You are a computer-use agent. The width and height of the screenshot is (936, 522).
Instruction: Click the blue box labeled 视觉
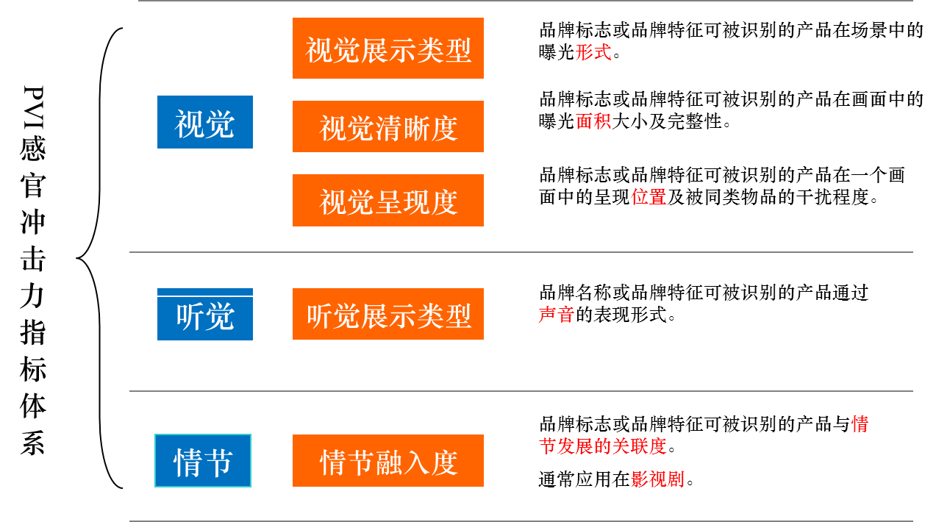pyautogui.click(x=204, y=122)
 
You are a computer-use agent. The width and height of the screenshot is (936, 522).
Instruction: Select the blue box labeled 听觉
pyautogui.click(x=204, y=315)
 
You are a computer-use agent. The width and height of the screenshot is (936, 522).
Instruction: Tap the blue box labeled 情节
pyautogui.click(x=203, y=461)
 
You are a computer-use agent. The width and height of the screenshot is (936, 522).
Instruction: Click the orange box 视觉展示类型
pyautogui.click(x=387, y=49)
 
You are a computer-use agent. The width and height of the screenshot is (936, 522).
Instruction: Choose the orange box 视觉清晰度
pyautogui.click(x=387, y=126)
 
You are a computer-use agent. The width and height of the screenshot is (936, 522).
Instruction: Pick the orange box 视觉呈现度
pyautogui.click(x=387, y=201)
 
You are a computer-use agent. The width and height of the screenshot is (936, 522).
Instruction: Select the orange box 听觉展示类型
pyautogui.click(x=387, y=315)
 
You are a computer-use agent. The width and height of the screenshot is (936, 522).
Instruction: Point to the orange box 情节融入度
pyautogui.click(x=387, y=461)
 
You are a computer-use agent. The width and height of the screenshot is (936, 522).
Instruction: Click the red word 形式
pyautogui.click(x=593, y=52)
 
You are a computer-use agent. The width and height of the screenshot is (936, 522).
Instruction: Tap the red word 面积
pyautogui.click(x=593, y=121)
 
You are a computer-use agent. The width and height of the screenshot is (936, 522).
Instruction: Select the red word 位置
pyautogui.click(x=648, y=197)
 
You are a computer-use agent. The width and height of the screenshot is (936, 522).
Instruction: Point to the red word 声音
pyautogui.click(x=556, y=315)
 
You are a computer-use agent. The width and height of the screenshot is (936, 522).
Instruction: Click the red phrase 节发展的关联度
pyautogui.click(x=602, y=446)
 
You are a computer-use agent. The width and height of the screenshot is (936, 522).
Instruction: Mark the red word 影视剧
pyautogui.click(x=657, y=479)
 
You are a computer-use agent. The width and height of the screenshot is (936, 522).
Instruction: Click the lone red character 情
pyautogui.click(x=860, y=424)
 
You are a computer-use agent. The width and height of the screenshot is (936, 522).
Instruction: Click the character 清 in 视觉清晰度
pyautogui.click(x=388, y=128)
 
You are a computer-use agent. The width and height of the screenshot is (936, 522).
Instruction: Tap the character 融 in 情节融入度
pyautogui.click(x=388, y=462)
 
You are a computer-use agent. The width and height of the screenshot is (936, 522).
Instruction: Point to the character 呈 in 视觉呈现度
pyautogui.click(x=388, y=202)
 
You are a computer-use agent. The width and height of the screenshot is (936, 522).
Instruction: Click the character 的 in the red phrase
pyautogui.click(x=602, y=446)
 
